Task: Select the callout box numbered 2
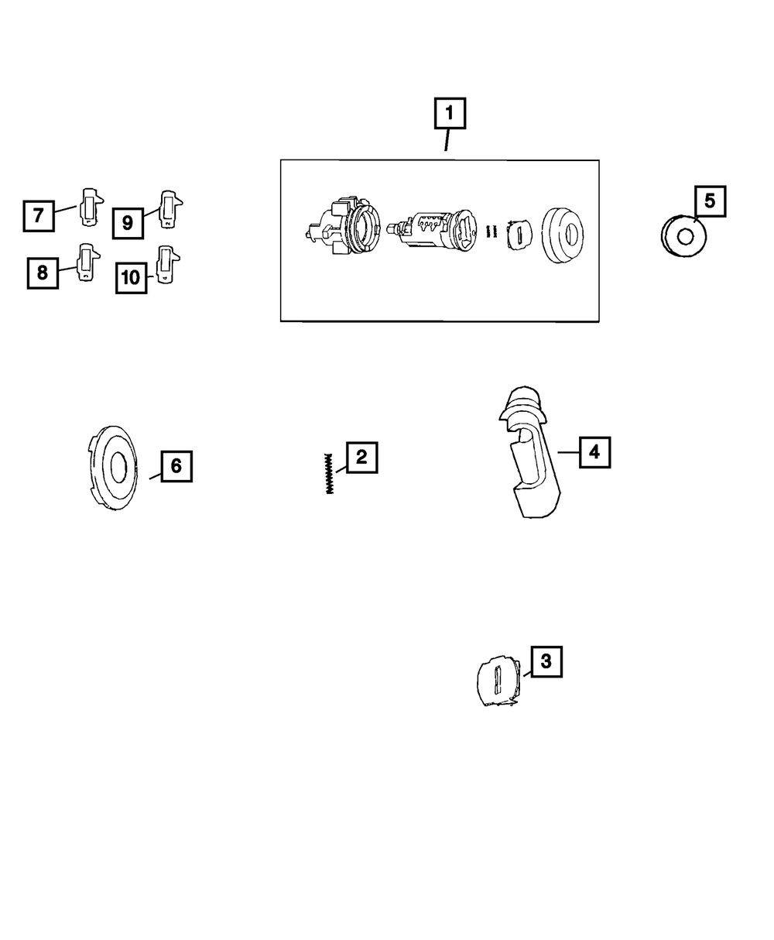click(361, 458)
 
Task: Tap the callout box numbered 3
click(546, 661)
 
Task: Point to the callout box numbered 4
click(594, 451)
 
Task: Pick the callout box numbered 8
click(43, 273)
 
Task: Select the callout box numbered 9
click(128, 223)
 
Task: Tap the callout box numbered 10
click(132, 277)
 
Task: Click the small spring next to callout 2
click(329, 473)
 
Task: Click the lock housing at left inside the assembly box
click(341, 229)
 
